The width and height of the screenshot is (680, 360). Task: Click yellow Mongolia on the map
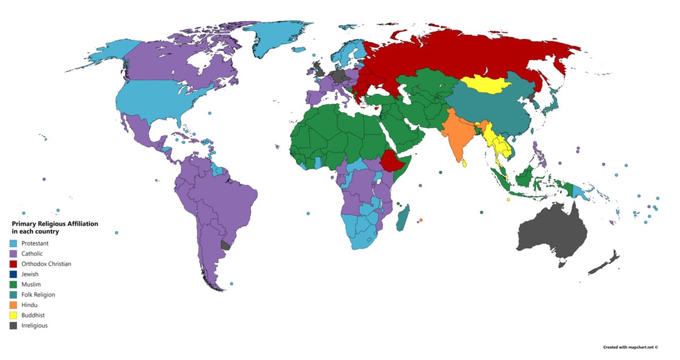[487, 87]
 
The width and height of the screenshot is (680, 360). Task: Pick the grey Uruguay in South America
[226, 245]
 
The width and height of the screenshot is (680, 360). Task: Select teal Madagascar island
[403, 219]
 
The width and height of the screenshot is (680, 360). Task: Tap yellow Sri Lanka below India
[465, 163]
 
